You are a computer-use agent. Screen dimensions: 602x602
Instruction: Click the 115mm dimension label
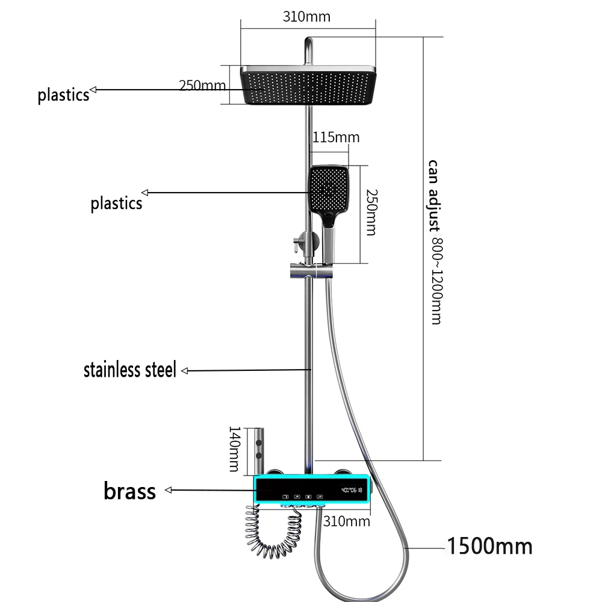click(x=336, y=137)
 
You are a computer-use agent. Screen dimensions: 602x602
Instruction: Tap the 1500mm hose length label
click(x=490, y=546)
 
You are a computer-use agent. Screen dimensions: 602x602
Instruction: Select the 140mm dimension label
click(x=234, y=449)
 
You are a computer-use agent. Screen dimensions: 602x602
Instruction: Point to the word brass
click(x=130, y=491)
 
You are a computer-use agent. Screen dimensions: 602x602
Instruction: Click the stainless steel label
click(x=130, y=370)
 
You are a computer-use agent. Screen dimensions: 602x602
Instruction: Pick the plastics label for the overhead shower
click(x=63, y=95)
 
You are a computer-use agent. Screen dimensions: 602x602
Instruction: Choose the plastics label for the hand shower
click(x=116, y=203)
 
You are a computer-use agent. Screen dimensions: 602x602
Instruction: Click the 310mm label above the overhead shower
click(x=306, y=17)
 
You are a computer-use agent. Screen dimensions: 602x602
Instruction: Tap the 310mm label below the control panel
click(x=346, y=521)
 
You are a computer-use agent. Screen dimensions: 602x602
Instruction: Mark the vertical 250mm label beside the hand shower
click(x=371, y=213)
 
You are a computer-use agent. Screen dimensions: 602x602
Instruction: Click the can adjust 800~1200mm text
click(x=435, y=242)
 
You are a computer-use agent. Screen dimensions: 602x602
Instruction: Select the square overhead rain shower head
click(x=308, y=85)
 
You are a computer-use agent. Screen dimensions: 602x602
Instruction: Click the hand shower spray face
click(x=329, y=188)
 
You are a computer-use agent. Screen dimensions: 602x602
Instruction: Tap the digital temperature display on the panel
click(x=352, y=490)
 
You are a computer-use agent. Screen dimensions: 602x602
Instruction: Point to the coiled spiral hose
click(x=273, y=532)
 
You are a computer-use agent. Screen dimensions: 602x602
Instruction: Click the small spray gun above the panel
click(x=259, y=451)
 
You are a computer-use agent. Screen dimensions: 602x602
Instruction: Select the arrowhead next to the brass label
click(x=168, y=490)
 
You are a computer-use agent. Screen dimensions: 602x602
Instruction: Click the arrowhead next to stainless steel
click(x=185, y=371)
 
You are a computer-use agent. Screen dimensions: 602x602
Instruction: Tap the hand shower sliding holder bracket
click(x=311, y=270)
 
